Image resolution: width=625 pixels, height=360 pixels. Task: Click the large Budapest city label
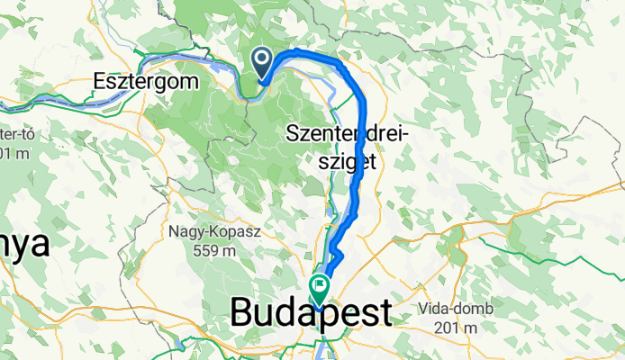pos(311,313)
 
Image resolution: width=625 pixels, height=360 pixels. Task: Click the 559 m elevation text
pos(213,249)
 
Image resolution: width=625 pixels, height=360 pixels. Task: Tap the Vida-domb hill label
pos(456,309)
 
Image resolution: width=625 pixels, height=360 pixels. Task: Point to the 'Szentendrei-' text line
pos(348,136)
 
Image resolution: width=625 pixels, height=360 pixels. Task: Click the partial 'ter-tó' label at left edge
pos(15,134)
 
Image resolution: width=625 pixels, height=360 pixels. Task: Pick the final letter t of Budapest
pos(385,313)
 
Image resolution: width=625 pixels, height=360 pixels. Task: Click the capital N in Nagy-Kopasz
pos(173,231)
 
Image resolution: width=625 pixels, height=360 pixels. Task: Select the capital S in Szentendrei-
pos(292,136)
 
